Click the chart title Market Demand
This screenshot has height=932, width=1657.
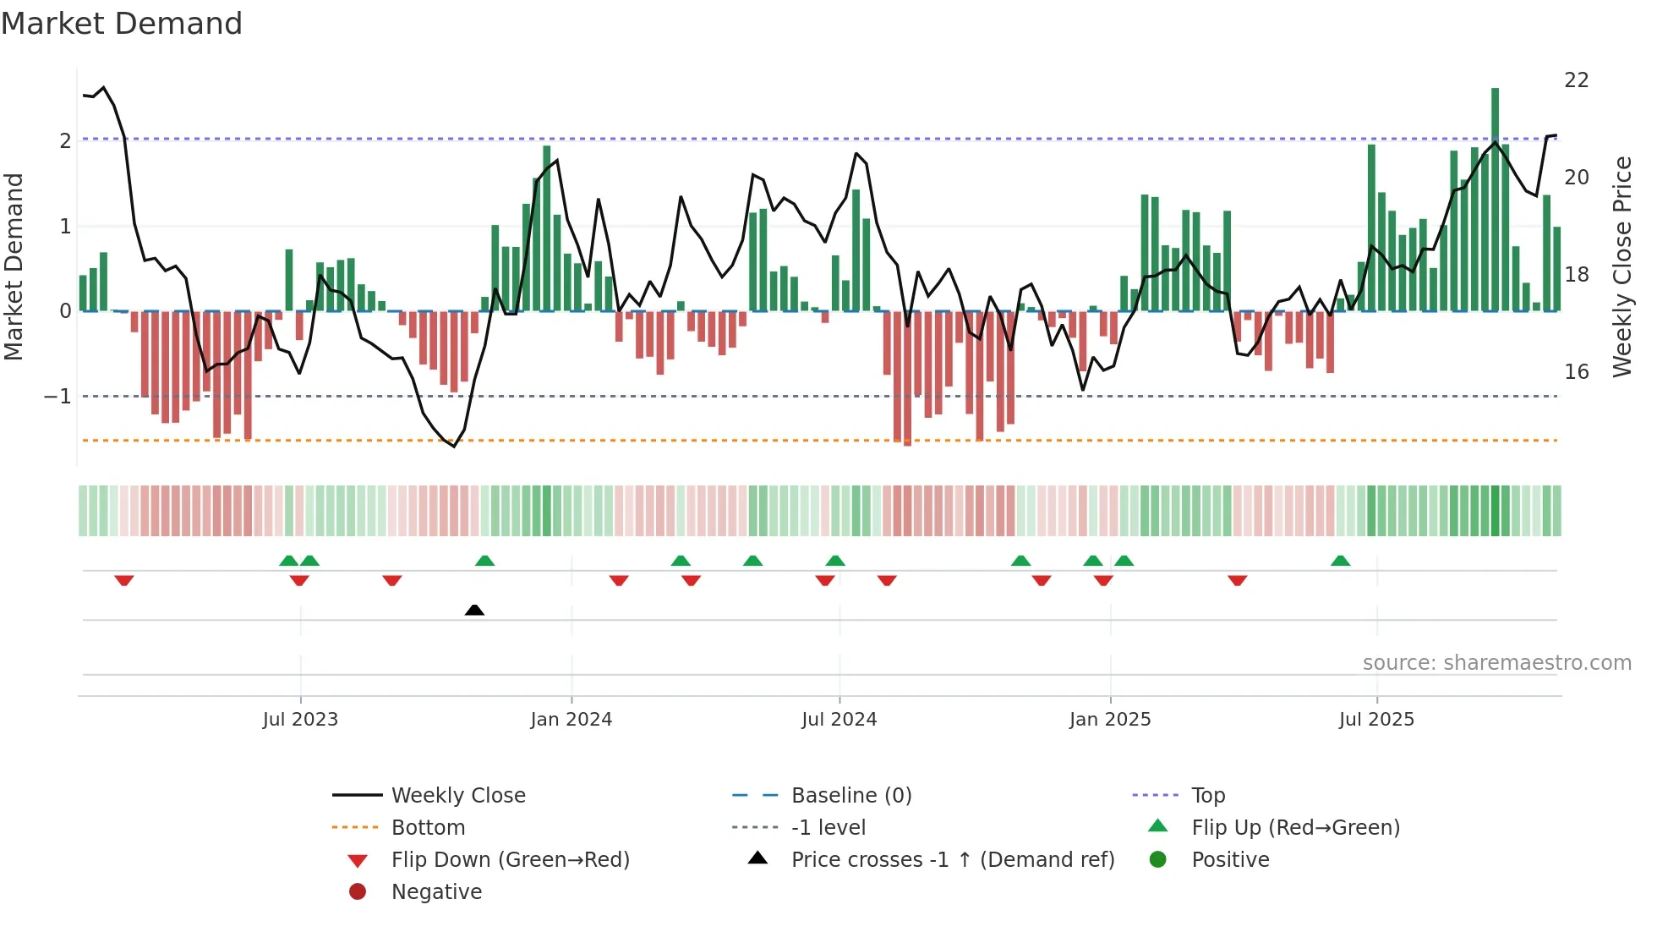tap(122, 24)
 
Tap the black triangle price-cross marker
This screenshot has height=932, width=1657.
tap(474, 610)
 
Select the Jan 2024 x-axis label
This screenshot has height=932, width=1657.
tap(571, 720)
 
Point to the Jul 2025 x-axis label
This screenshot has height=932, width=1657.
tap(1376, 720)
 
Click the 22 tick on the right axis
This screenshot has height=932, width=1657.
tap(1576, 80)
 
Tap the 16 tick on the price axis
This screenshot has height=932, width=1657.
tap(1576, 372)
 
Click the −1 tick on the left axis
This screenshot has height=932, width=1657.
tap(57, 397)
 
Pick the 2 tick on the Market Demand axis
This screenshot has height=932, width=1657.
tap(65, 140)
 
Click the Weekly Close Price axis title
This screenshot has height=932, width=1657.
tap(1621, 266)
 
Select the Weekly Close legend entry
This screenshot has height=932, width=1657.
tap(457, 796)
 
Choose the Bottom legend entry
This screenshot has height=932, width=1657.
tap(428, 828)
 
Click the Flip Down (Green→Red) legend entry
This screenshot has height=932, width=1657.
tap(510, 860)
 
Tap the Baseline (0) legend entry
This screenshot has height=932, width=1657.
tap(850, 796)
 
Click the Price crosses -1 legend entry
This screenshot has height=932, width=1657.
tap(952, 860)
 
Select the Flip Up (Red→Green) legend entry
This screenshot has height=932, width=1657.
tap(1295, 828)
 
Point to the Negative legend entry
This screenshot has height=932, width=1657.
tap(436, 892)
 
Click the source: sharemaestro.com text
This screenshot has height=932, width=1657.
tap(1496, 663)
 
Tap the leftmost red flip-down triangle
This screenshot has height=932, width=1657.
tap(124, 580)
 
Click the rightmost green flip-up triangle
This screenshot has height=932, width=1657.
tap(1340, 561)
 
